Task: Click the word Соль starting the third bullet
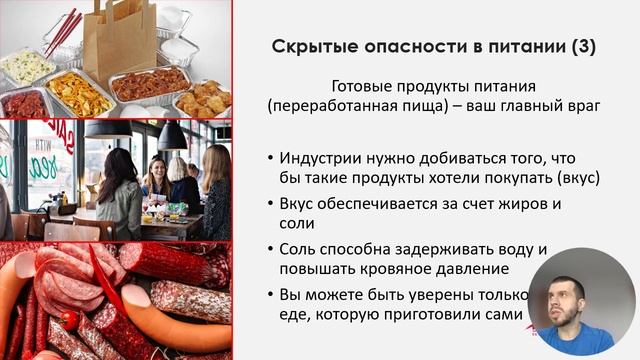pos(297,249)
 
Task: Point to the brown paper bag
pos(118,40)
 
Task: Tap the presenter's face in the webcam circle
pos(570,299)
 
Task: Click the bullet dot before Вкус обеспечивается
pos(273,204)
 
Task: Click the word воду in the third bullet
pos(510,249)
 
